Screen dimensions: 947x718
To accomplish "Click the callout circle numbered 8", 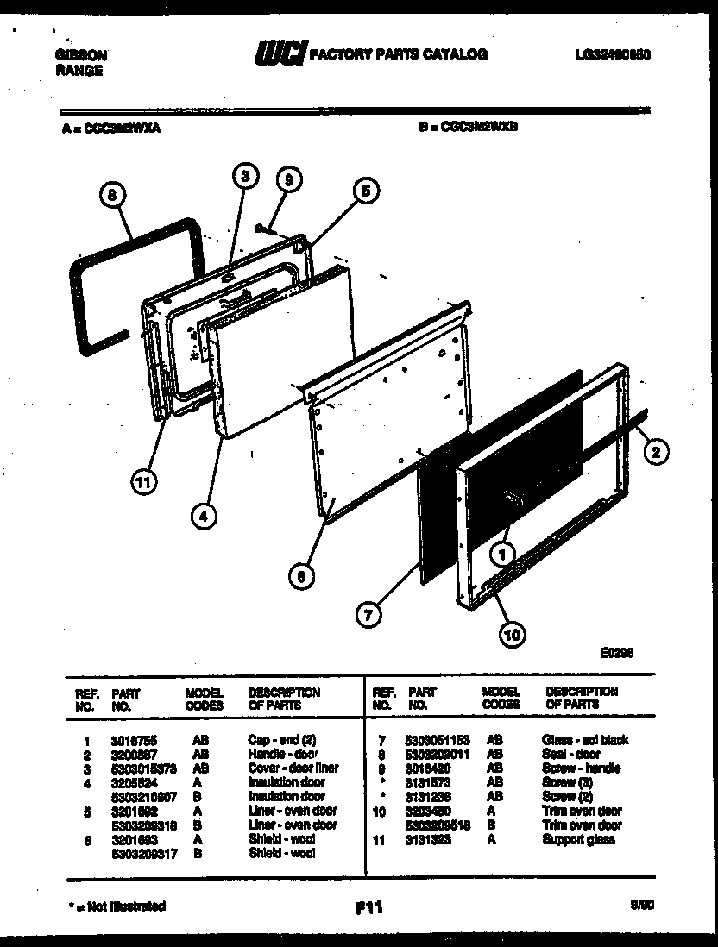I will [110, 197].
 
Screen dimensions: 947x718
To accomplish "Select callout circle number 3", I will [245, 176].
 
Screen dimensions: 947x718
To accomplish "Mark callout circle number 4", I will [204, 517].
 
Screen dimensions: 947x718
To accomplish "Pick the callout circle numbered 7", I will [369, 615].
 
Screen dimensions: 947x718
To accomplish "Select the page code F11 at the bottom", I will [368, 907].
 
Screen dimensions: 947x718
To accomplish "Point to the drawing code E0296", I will [617, 654].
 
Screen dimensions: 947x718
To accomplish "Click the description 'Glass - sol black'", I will [584, 740].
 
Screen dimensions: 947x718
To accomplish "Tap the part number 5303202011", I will [438, 754].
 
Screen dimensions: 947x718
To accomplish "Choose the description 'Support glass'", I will [578, 839].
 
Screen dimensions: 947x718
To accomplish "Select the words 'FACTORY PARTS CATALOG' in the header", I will [398, 54].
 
